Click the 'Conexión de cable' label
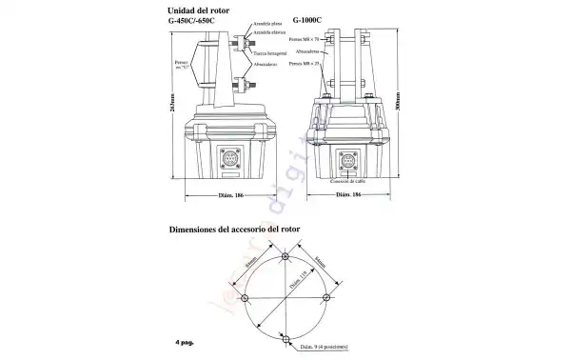347,179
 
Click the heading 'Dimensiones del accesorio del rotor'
243,230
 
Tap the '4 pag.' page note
183,341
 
